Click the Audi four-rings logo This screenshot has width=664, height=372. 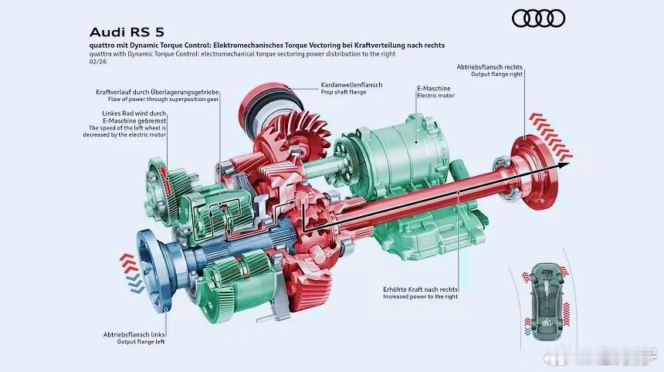pyautogui.click(x=538, y=19)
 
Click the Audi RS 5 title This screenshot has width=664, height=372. pyautogui.click(x=127, y=32)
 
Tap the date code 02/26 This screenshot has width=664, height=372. pyautogui.click(x=98, y=62)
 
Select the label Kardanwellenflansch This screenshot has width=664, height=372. pyautogui.click(x=351, y=85)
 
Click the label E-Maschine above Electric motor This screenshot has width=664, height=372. pyautogui.click(x=434, y=89)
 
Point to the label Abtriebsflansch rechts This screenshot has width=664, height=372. pyautogui.click(x=490, y=67)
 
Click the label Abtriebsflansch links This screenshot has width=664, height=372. pyautogui.click(x=134, y=334)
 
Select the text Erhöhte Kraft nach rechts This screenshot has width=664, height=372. pyautogui.click(x=421, y=289)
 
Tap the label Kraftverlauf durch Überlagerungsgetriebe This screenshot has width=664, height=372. pyautogui.click(x=157, y=92)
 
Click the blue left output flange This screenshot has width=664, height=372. pyautogui.click(x=155, y=271)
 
